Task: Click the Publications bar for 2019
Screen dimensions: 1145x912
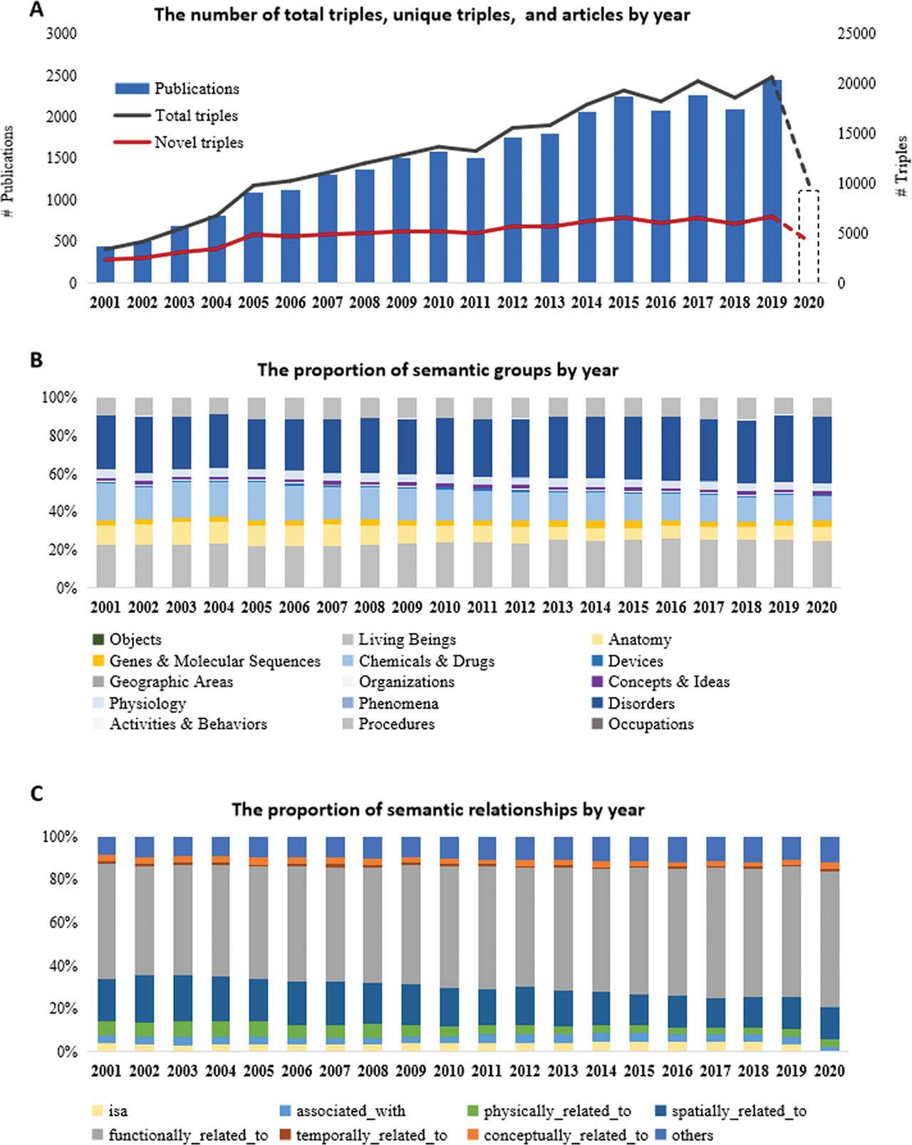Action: click(x=772, y=182)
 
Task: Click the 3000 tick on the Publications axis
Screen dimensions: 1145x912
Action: click(x=62, y=34)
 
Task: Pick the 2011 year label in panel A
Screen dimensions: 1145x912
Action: click(x=475, y=302)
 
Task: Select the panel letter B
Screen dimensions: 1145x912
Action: click(x=36, y=360)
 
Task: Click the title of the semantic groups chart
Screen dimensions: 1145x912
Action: click(x=437, y=370)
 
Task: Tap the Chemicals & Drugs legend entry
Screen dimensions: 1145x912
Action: click(x=426, y=661)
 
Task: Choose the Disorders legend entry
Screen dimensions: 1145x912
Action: click(x=641, y=703)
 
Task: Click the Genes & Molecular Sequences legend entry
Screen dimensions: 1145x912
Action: click(x=214, y=661)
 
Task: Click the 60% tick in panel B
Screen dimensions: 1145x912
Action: click(x=59, y=474)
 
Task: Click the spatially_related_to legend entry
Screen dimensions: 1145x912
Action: click(x=738, y=1111)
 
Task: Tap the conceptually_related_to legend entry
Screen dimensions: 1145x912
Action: click(x=565, y=1135)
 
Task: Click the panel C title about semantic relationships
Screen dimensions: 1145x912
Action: click(x=437, y=810)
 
